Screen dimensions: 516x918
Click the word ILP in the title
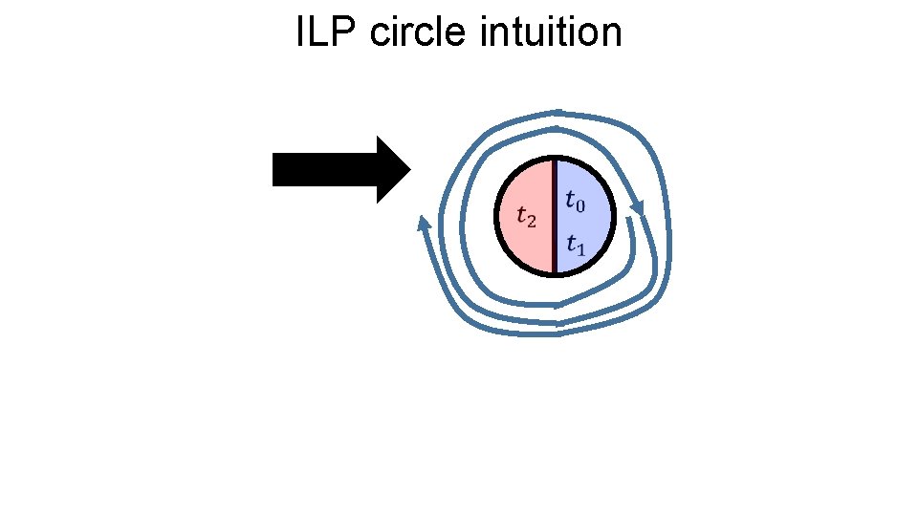point(326,32)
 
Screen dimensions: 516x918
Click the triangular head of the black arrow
point(393,169)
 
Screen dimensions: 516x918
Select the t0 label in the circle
point(576,201)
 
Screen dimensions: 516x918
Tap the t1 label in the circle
point(576,245)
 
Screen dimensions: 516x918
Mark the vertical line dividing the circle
point(555,217)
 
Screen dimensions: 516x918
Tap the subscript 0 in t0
point(581,204)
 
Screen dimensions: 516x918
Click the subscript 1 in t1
point(581,248)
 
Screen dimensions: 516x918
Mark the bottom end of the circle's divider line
point(555,274)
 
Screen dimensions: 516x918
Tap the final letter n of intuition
point(612,34)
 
